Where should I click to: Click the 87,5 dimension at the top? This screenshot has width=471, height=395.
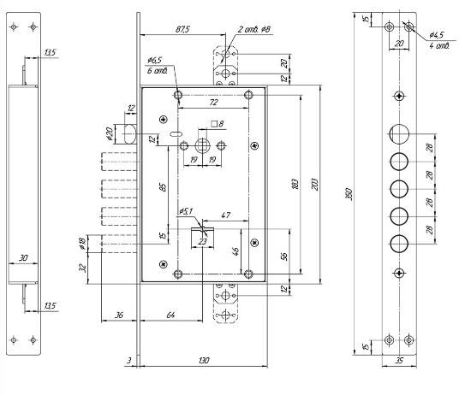coord(182,29)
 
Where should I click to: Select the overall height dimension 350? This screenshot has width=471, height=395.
coord(349,194)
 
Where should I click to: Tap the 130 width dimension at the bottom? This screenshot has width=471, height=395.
coord(204,360)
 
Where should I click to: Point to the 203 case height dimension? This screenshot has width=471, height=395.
coord(314,184)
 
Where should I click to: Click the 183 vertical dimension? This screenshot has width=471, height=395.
coord(295,184)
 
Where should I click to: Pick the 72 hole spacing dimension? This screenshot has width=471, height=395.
coord(213,103)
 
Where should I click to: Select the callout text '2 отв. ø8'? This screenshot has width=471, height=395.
coord(254,29)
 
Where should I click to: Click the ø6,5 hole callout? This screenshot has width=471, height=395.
coord(154,60)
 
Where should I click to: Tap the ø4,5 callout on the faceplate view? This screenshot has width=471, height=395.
coord(437,35)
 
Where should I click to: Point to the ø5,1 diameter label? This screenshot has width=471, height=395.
coord(186,211)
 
